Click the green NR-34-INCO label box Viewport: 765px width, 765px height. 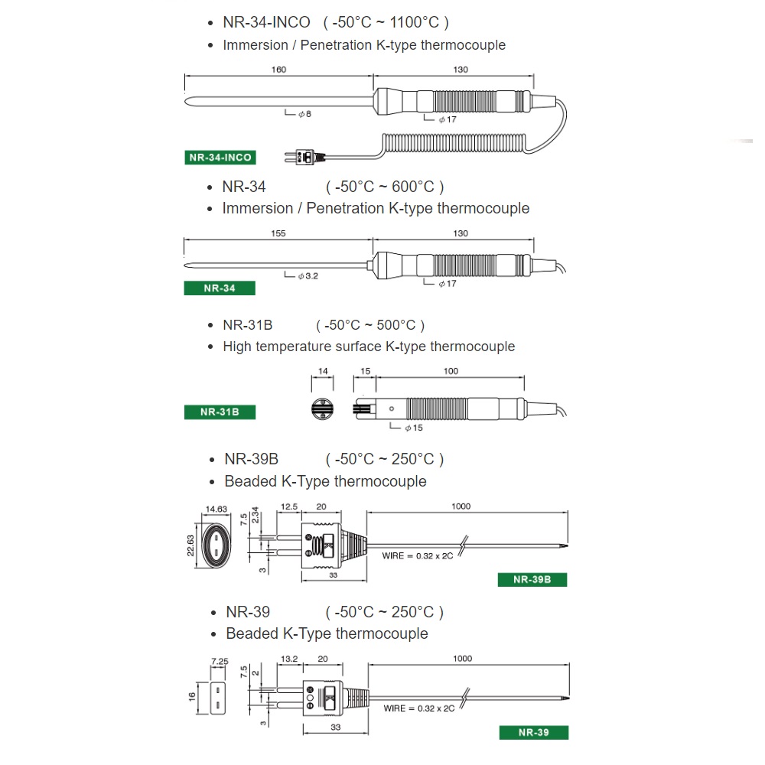click(x=220, y=158)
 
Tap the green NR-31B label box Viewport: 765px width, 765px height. click(x=220, y=412)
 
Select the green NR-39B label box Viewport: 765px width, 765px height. click(x=532, y=579)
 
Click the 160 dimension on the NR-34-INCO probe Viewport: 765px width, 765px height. click(x=278, y=70)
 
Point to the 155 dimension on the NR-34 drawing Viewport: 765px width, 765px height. click(x=278, y=233)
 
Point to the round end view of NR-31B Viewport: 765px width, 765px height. click(x=323, y=406)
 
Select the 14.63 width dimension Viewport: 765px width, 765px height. click(x=217, y=509)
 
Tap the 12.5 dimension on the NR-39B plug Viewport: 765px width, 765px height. click(x=289, y=506)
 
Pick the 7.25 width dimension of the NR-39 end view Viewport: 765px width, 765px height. click(x=220, y=660)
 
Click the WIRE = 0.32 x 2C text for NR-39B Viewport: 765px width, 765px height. click(x=418, y=555)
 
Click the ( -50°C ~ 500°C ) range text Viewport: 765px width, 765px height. click(x=370, y=325)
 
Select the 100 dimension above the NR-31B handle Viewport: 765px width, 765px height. click(x=451, y=371)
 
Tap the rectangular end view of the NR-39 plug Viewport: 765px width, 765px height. click(x=220, y=698)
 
